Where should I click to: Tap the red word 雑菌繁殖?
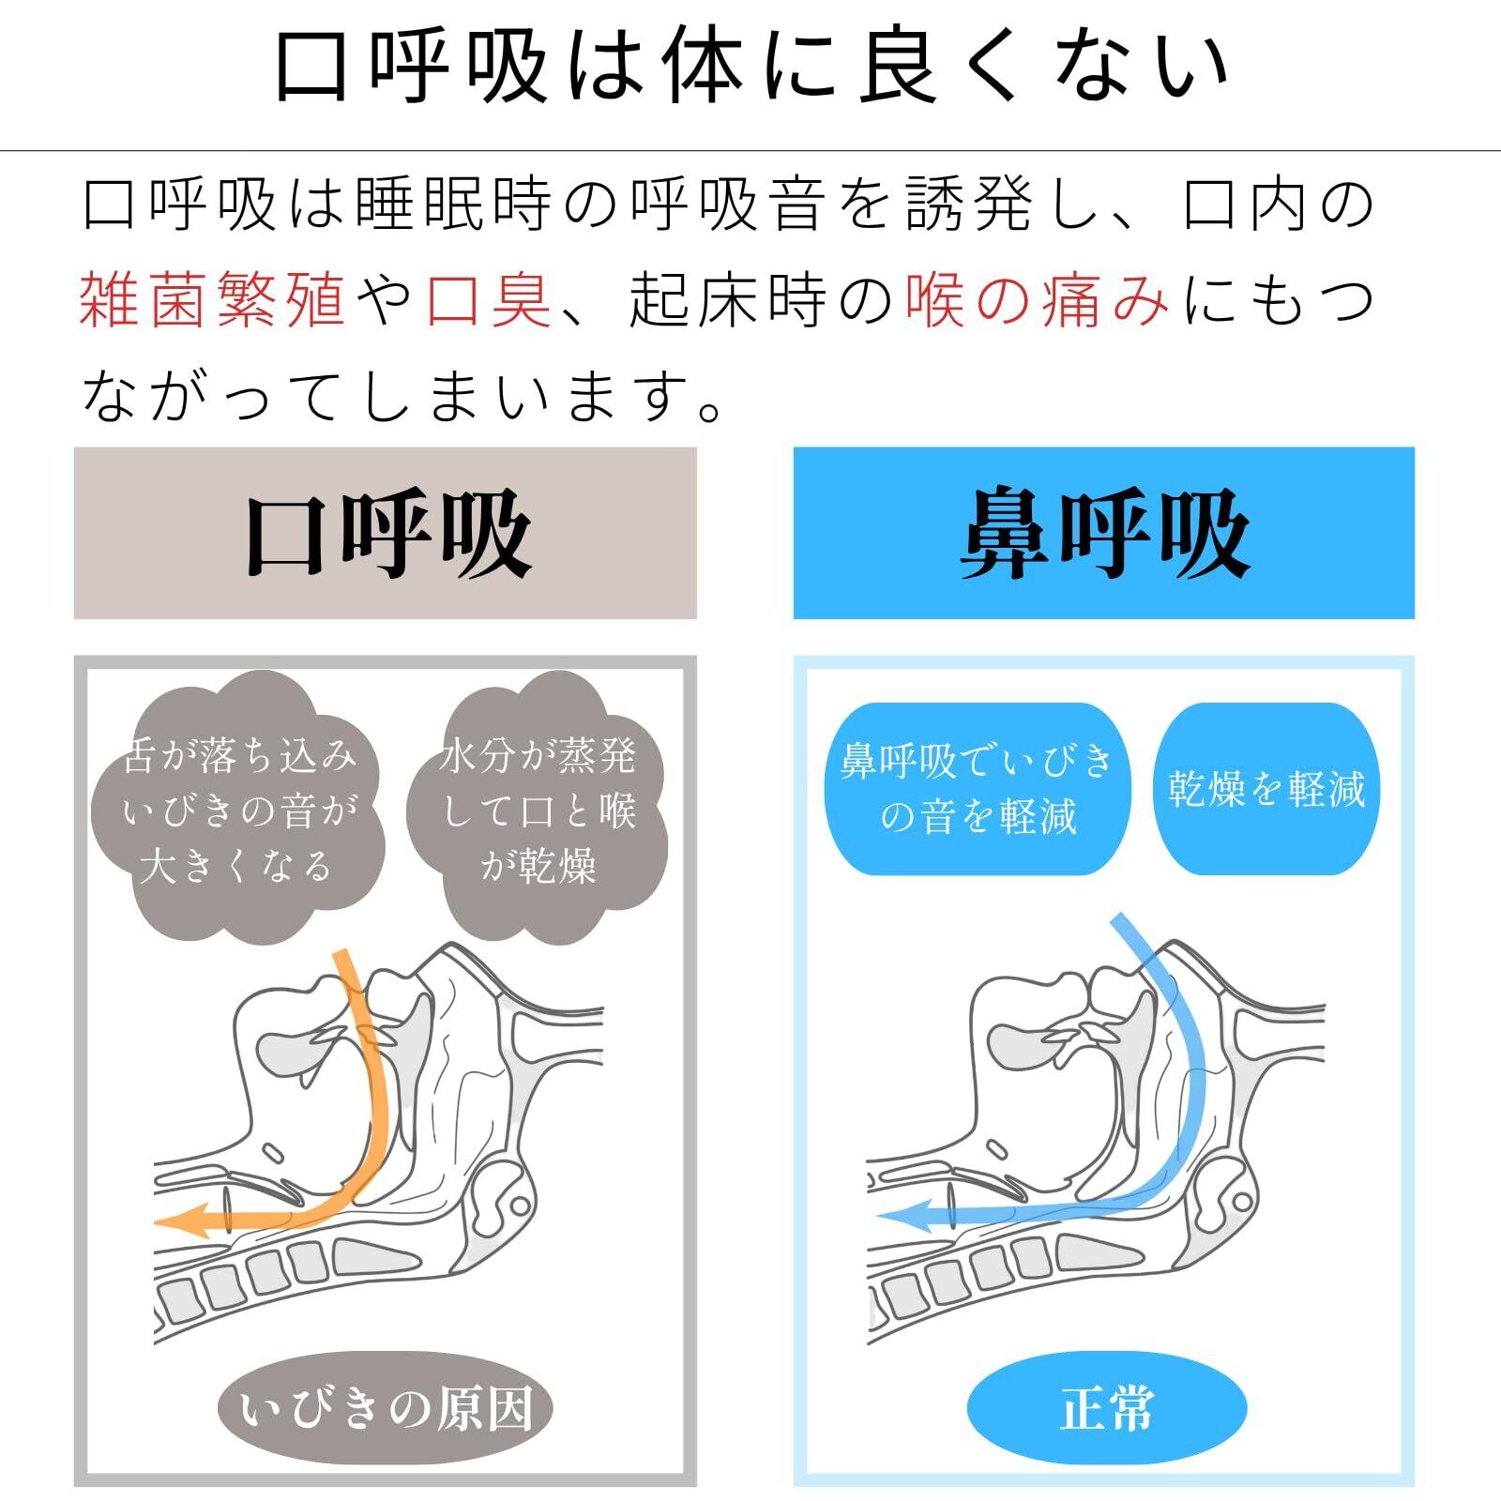pos(213,300)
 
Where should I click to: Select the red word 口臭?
pos(489,300)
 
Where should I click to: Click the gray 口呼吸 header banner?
pos(385,533)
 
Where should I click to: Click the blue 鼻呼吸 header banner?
pos(1103,533)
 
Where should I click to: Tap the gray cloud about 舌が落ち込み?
pos(239,809)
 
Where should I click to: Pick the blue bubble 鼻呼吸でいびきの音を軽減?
pos(977,788)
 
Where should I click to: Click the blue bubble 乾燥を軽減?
pos(1266,788)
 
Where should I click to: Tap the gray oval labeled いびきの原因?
pos(385,1408)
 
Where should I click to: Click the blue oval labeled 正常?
pos(1107,1408)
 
